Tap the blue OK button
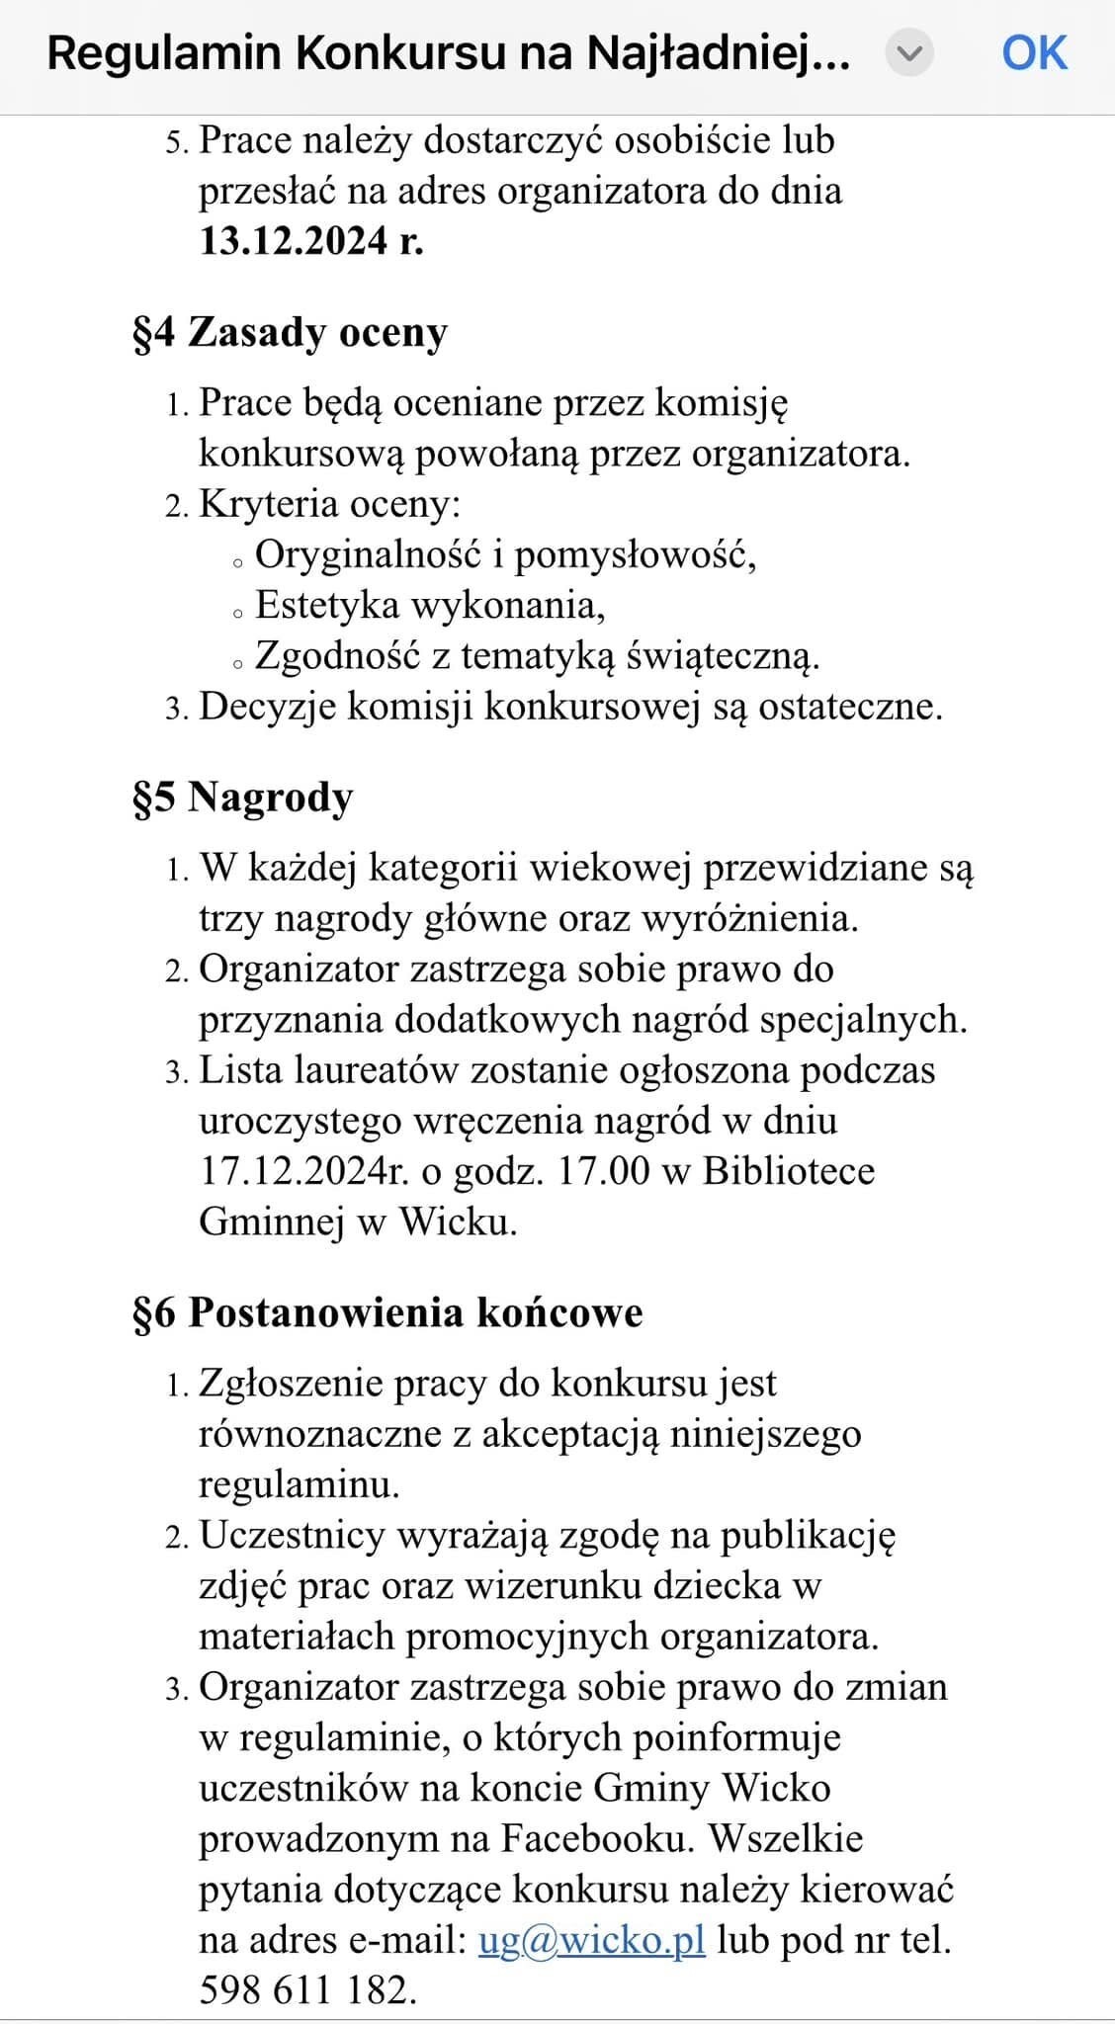(1034, 53)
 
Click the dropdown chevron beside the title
(908, 53)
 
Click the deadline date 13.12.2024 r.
(311, 241)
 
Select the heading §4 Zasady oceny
(290, 333)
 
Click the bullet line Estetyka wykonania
(430, 606)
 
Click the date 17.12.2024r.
(303, 1171)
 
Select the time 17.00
(603, 1171)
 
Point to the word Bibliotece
(789, 1171)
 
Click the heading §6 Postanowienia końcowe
(387, 1313)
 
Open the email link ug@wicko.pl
(591, 1940)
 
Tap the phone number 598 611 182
(307, 1989)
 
